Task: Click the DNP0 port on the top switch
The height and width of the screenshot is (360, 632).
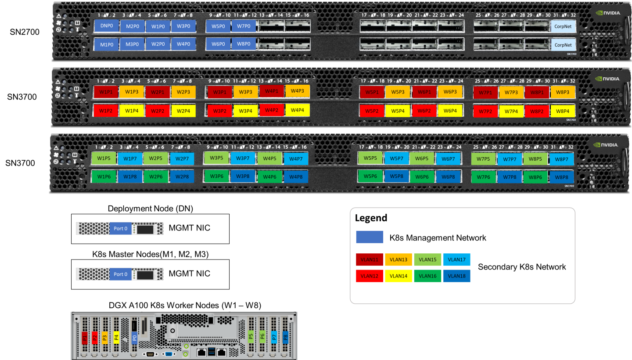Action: [x=107, y=26]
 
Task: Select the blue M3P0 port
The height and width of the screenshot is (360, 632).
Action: [x=132, y=44]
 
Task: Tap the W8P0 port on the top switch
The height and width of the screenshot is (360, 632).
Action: [x=244, y=44]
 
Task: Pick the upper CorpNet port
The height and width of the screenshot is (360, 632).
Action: [x=563, y=26]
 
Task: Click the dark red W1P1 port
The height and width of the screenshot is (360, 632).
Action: [x=106, y=92]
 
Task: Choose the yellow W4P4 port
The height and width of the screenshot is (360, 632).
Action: [x=298, y=110]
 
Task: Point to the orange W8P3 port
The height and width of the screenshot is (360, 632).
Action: [x=563, y=92]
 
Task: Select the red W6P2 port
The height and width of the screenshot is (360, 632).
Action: [x=424, y=111]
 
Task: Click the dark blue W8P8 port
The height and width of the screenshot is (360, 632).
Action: [x=561, y=177]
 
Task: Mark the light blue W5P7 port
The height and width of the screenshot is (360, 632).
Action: [x=396, y=158]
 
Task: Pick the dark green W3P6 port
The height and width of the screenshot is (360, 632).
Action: [x=217, y=176]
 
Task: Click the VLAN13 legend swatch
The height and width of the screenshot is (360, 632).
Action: [x=399, y=259]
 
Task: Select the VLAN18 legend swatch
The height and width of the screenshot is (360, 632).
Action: [x=456, y=276]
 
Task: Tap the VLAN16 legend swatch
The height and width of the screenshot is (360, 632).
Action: [x=427, y=276]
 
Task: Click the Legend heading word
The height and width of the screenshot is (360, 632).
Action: [x=371, y=218]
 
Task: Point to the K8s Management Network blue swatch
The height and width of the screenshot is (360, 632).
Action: [x=370, y=238]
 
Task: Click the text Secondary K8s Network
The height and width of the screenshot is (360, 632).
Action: [x=522, y=267]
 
